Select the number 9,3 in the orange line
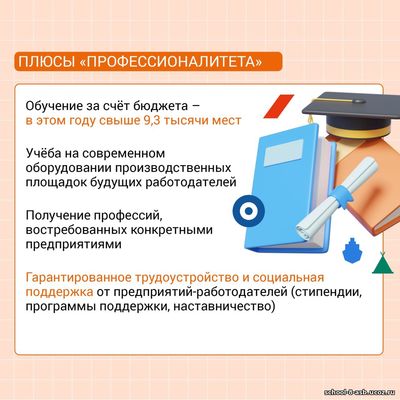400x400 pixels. click(151, 120)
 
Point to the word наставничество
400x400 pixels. click(224, 306)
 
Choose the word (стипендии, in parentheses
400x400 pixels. click(325, 292)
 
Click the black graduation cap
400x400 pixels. click(353, 112)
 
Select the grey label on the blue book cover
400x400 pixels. click(284, 153)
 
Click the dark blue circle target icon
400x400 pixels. click(249, 211)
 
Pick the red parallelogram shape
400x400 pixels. click(278, 106)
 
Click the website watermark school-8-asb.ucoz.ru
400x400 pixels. click(361, 392)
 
